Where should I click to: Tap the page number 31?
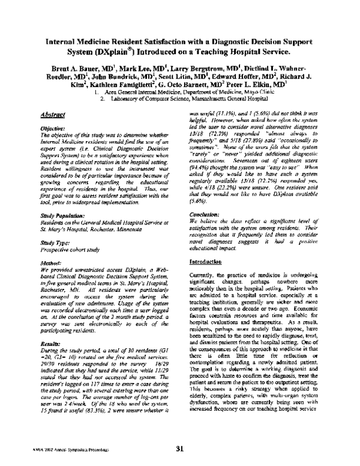179,448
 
